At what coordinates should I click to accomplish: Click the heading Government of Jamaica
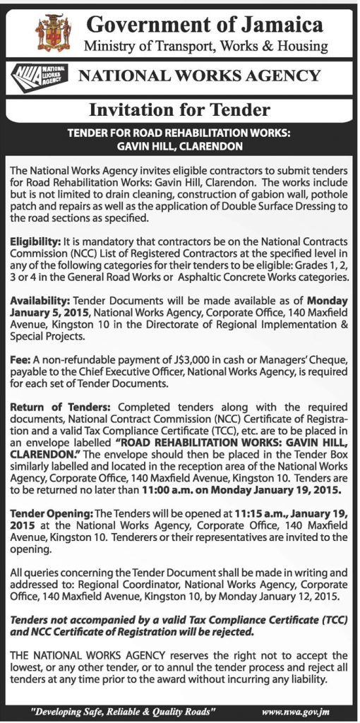[204, 25]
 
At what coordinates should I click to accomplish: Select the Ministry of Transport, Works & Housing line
[205, 47]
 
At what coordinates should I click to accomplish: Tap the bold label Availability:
[40, 301]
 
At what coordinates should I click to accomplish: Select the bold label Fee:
[20, 359]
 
